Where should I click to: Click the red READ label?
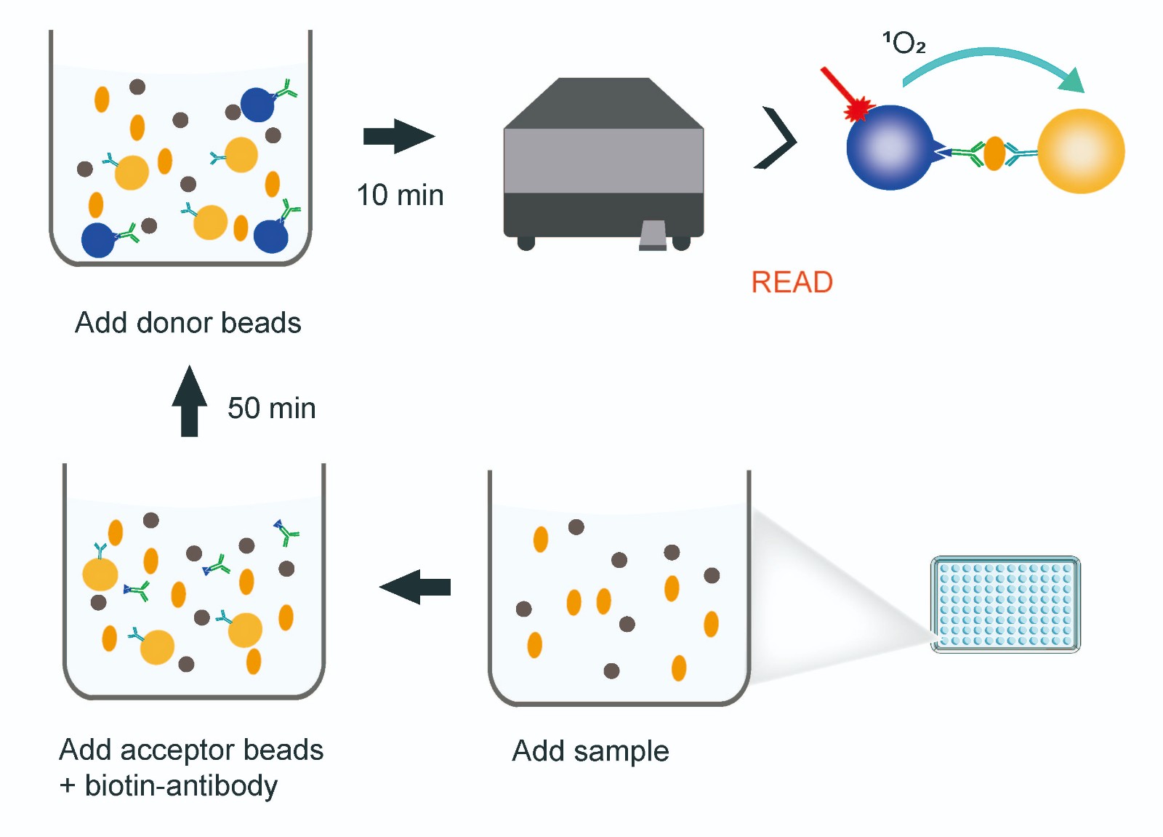pyautogui.click(x=792, y=282)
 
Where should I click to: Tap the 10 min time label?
pyautogui.click(x=400, y=196)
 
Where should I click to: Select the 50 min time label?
pyautogui.click(x=271, y=408)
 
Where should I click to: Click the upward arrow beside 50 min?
pyautogui.click(x=189, y=401)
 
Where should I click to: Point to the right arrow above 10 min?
pyautogui.click(x=398, y=136)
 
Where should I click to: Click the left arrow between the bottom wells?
pyautogui.click(x=415, y=587)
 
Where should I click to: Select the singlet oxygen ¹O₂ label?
pyautogui.click(x=904, y=43)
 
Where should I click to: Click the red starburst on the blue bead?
pyautogui.click(x=858, y=109)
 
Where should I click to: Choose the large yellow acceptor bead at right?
pyautogui.click(x=1080, y=151)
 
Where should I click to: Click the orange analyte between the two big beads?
pyautogui.click(x=994, y=153)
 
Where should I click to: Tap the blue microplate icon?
pyautogui.click(x=1005, y=604)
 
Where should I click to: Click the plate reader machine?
pyautogui.click(x=603, y=160)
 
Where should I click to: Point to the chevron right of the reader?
pyautogui.click(x=776, y=138)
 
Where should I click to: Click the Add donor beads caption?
pyautogui.click(x=188, y=323)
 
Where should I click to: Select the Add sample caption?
pyautogui.click(x=590, y=751)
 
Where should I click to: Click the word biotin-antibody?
pyautogui.click(x=181, y=786)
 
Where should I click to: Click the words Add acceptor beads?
pyautogui.click(x=191, y=750)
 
